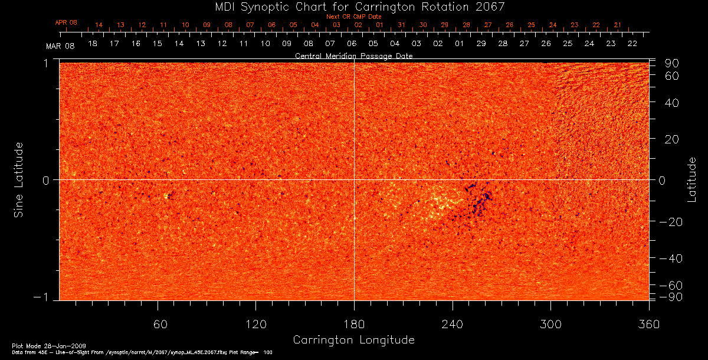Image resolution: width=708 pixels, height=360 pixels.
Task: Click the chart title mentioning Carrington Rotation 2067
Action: (353, 6)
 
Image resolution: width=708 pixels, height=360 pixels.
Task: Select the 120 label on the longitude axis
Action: (255, 324)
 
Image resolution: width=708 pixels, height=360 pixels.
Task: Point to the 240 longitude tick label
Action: (453, 324)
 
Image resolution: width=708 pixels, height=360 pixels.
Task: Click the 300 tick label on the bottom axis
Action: (550, 324)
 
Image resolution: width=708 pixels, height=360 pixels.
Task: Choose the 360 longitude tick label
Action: (649, 324)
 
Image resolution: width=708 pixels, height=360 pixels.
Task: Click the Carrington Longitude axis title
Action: (353, 340)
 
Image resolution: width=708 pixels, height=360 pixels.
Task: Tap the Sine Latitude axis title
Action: (18, 179)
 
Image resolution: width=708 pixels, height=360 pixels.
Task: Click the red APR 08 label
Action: (66, 22)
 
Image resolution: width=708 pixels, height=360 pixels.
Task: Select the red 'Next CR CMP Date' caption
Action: (353, 17)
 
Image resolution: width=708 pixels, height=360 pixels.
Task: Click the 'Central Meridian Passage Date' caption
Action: (353, 56)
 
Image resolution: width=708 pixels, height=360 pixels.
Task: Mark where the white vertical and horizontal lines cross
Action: (354, 179)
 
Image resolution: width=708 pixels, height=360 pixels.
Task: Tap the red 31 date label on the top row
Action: (401, 25)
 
